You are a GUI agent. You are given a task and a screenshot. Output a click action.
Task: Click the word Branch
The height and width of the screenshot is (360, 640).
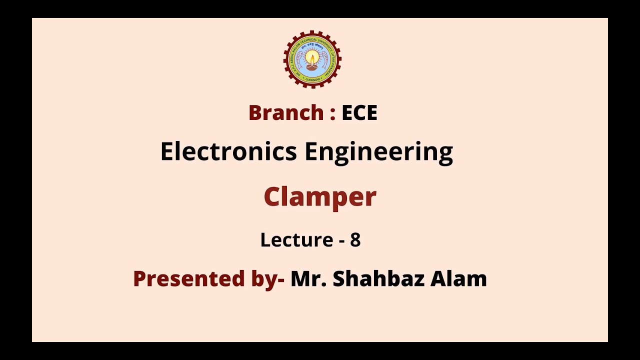pyautogui.click(x=285, y=113)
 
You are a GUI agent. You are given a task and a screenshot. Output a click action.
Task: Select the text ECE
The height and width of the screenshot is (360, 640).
pyautogui.click(x=359, y=113)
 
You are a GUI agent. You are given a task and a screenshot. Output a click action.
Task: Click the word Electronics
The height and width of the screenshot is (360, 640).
pyautogui.click(x=228, y=151)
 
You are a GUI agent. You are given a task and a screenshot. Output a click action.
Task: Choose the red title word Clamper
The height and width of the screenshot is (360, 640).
pyautogui.click(x=319, y=197)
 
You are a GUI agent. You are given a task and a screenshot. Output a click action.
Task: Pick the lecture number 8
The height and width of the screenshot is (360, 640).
pyautogui.click(x=355, y=240)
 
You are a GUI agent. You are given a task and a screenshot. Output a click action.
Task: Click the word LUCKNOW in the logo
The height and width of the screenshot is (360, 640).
pyautogui.click(x=312, y=79)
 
